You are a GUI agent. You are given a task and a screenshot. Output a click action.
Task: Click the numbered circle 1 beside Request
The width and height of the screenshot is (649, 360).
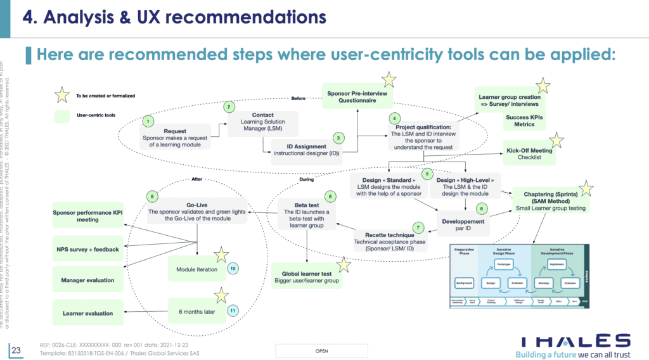pos(148,120)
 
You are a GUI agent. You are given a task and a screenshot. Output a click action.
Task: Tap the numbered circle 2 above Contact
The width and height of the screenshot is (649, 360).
pos(229,108)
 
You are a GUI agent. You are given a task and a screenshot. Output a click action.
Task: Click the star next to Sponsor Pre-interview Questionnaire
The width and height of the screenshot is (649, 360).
pos(389,79)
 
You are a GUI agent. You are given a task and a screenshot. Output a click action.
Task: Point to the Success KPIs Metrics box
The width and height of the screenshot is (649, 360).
pos(524,120)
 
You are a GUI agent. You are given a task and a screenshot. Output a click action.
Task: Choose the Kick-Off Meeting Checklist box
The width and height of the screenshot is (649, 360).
pos(529,153)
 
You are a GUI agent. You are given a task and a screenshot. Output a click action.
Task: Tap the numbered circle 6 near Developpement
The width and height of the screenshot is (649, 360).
pos(481,208)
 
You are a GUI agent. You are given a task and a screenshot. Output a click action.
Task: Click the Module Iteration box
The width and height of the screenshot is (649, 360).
pos(196,269)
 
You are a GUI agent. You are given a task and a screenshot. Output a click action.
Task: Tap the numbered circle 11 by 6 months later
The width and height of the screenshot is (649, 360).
pos(233,311)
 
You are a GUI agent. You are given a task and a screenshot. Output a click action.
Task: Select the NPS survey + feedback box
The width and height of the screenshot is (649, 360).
pos(89,249)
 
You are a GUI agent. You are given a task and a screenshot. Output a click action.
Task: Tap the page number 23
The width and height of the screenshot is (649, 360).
pos(16,349)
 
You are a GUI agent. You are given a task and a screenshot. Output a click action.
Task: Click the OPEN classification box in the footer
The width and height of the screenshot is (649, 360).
pos(321,350)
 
